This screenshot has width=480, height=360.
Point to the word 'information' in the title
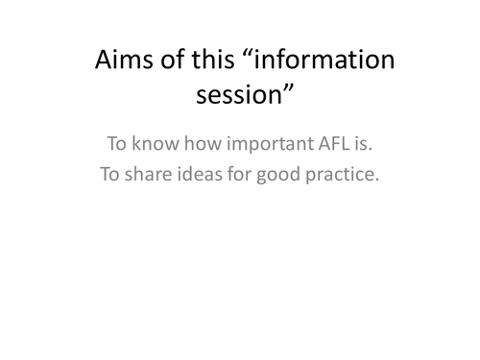[324, 61]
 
